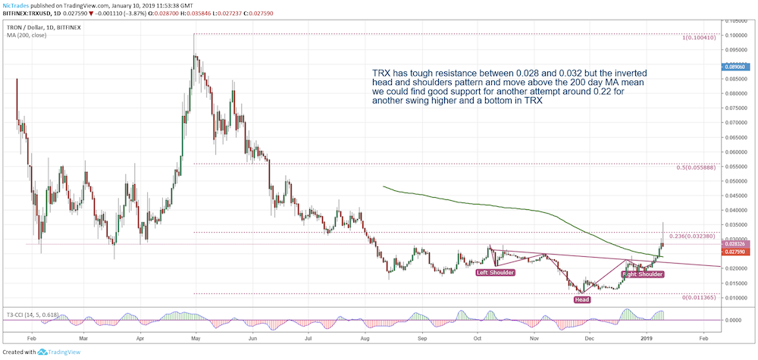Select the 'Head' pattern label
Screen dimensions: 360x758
pyautogui.click(x=581, y=299)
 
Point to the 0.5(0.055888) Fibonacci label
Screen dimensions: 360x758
pyautogui.click(x=697, y=167)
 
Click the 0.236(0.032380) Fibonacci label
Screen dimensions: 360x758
pyautogui.click(x=693, y=236)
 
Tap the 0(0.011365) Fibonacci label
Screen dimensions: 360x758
pyautogui.click(x=698, y=298)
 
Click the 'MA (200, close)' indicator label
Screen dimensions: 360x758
pyautogui.click(x=27, y=36)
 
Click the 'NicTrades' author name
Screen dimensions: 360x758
pyautogui.click(x=17, y=5)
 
